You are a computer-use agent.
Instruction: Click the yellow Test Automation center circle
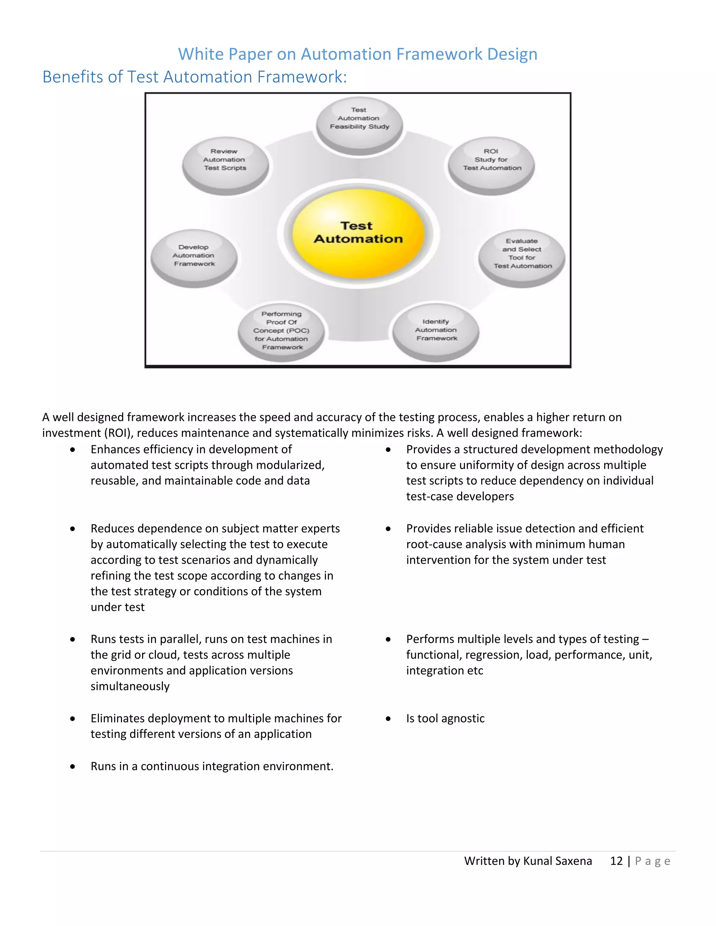coord(358,233)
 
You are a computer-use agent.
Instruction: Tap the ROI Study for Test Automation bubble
coord(492,165)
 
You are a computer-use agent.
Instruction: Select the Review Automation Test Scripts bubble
coord(225,165)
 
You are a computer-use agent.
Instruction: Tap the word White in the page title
coord(195,54)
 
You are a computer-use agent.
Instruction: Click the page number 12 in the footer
coord(616,861)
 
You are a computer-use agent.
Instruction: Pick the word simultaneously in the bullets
coord(130,686)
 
